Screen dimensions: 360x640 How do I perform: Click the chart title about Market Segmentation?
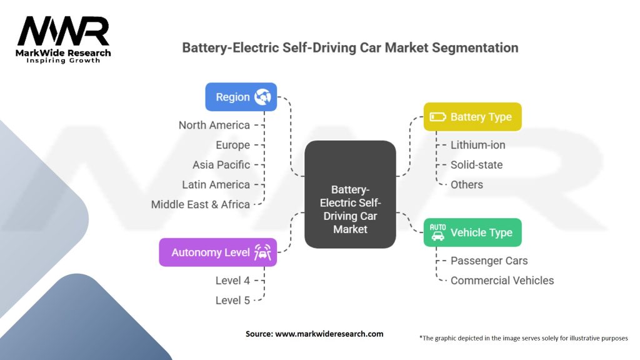coord(349,47)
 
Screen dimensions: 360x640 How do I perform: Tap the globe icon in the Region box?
coord(262,97)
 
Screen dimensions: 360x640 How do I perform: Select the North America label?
coord(214,125)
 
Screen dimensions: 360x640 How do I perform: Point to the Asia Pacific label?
coord(221,165)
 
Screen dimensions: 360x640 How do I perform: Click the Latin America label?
coord(216,184)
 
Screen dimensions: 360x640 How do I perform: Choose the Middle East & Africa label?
coord(200,204)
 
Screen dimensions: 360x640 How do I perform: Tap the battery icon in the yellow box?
coord(437,117)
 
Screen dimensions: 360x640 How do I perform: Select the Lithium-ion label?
coord(477,145)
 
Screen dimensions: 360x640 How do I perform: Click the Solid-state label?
coord(476,165)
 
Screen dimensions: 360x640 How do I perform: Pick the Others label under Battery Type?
coord(466,184)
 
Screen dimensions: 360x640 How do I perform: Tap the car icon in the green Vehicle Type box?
coord(437,232)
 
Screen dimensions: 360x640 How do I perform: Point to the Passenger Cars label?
coord(489,261)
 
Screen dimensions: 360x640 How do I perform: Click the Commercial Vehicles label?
coord(502,281)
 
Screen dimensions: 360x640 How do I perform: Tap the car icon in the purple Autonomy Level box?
coord(261,252)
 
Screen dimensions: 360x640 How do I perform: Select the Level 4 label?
coord(232,281)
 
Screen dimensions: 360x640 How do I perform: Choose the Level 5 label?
coord(232,301)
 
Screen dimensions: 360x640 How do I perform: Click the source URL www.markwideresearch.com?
coord(329,334)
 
